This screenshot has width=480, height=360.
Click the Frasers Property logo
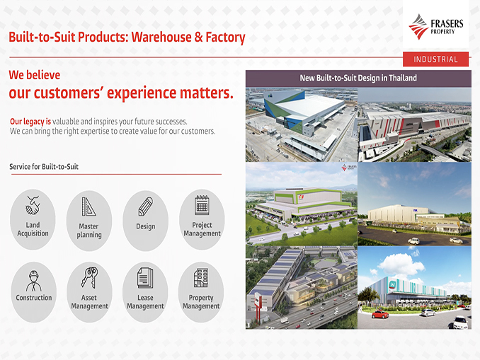point(436,27)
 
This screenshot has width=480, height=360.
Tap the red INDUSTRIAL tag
point(435,59)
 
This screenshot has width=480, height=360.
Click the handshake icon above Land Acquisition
point(33,205)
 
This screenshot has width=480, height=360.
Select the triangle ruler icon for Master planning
point(88,207)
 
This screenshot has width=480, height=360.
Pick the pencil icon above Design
point(146,207)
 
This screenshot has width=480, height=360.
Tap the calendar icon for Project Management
point(202,205)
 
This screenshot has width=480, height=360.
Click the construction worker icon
point(33,281)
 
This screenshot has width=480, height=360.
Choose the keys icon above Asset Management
point(89,277)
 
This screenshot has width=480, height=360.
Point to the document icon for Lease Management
point(145,278)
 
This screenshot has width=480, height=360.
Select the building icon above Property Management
point(201,278)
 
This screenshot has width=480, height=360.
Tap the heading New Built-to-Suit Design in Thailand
point(358,78)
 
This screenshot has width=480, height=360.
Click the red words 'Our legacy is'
point(30,122)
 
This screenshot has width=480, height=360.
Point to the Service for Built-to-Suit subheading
point(44,167)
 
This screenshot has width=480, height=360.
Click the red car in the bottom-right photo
point(380,314)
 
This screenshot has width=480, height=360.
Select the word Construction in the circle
point(34,298)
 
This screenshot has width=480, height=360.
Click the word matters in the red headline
point(207,93)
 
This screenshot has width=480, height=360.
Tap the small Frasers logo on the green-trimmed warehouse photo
point(349,168)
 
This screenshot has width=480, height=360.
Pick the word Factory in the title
point(225,37)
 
